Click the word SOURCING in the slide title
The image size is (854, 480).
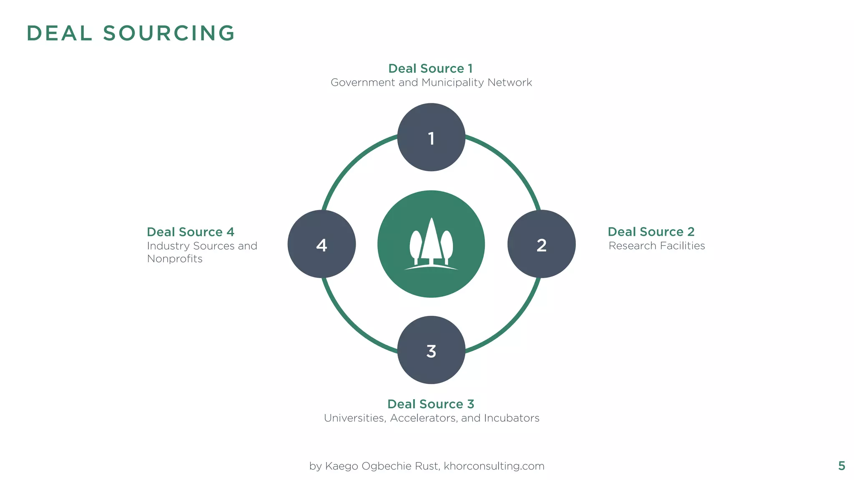[169, 33]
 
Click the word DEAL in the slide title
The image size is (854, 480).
[59, 33]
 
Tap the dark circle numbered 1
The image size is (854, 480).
[431, 137]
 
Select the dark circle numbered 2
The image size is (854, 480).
[541, 244]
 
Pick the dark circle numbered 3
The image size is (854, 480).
[431, 350]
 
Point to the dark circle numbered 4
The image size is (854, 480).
[322, 244]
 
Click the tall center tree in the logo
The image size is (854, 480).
[431, 242]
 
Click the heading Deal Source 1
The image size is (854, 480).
[430, 68]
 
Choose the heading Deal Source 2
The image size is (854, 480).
[651, 232]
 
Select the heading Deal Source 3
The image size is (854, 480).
[431, 404]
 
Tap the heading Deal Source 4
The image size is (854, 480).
[191, 232]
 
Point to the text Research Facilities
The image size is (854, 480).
[657, 246]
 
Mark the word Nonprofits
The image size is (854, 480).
[175, 259]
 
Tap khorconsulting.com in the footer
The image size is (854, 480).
[494, 466]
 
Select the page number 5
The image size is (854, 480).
[841, 466]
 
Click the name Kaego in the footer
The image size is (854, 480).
[342, 466]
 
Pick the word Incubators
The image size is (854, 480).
[512, 418]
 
